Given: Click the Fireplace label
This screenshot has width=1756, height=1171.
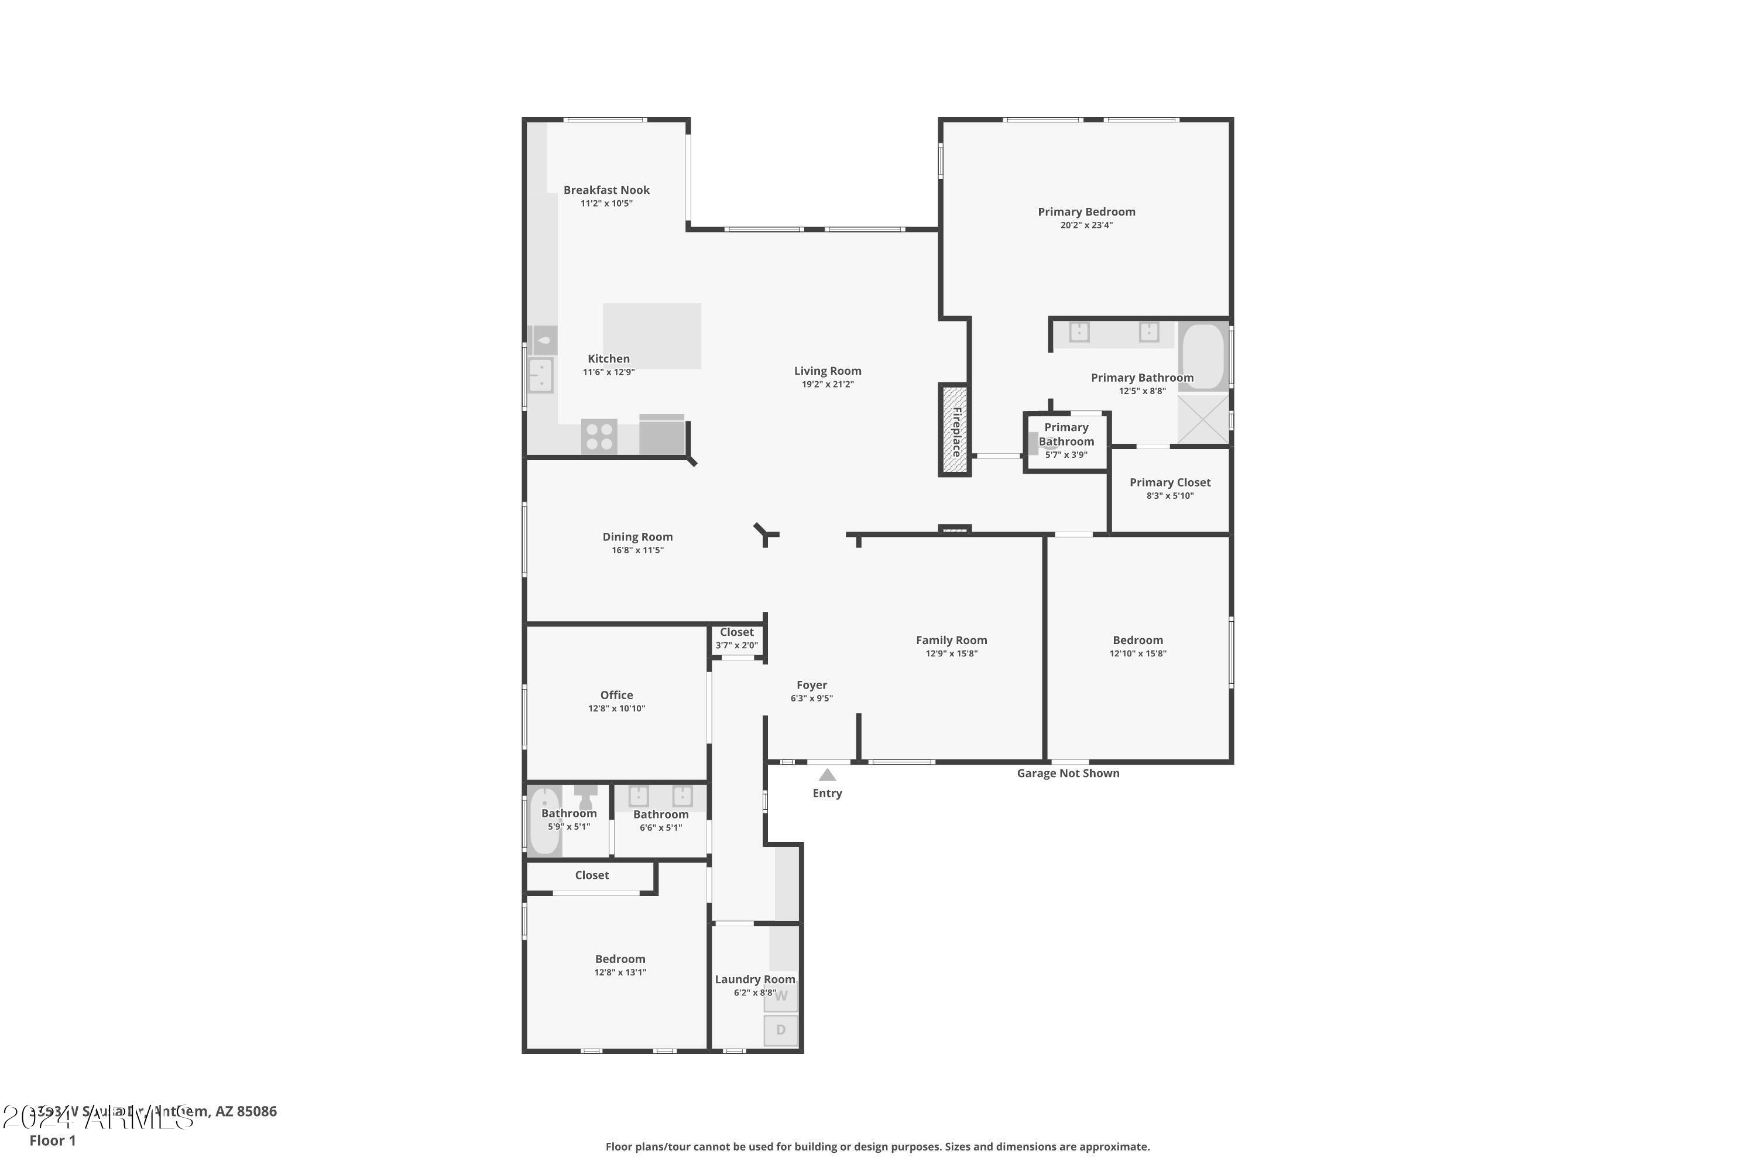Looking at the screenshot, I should (956, 431).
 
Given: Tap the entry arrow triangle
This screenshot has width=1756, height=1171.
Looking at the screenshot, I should (827, 775).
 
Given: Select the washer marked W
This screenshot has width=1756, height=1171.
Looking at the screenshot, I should (781, 997).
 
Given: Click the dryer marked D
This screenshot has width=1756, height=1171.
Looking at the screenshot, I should (781, 1030).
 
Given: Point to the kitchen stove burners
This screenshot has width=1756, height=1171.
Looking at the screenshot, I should (599, 436).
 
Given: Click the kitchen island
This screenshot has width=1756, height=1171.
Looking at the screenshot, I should (652, 335).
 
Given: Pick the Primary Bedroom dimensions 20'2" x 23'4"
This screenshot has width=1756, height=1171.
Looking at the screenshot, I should (1086, 225).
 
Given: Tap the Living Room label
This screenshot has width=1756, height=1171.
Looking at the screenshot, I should (827, 371).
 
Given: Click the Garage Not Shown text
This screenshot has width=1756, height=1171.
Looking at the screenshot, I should (1068, 773).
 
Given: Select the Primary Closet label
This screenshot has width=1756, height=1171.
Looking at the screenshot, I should (1170, 482).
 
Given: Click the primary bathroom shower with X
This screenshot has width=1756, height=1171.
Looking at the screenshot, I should (1203, 420).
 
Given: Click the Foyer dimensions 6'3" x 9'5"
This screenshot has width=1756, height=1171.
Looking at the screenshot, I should (811, 699).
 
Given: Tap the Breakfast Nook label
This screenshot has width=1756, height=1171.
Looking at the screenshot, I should (606, 190).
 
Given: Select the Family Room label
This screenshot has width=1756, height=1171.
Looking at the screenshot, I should (951, 640).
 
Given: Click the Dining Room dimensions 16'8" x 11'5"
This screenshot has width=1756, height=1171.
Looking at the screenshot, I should (637, 550).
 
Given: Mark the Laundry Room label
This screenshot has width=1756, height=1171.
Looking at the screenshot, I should (755, 979).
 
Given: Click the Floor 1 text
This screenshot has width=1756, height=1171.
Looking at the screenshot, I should (52, 1141).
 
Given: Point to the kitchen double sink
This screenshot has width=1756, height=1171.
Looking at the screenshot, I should (540, 375).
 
